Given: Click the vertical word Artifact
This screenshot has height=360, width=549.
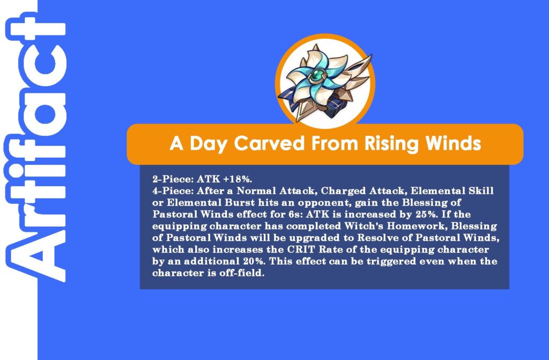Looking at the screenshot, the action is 35,147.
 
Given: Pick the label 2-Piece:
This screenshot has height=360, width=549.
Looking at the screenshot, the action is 173,179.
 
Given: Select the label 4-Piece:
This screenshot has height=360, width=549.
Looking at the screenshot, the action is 173,190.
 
